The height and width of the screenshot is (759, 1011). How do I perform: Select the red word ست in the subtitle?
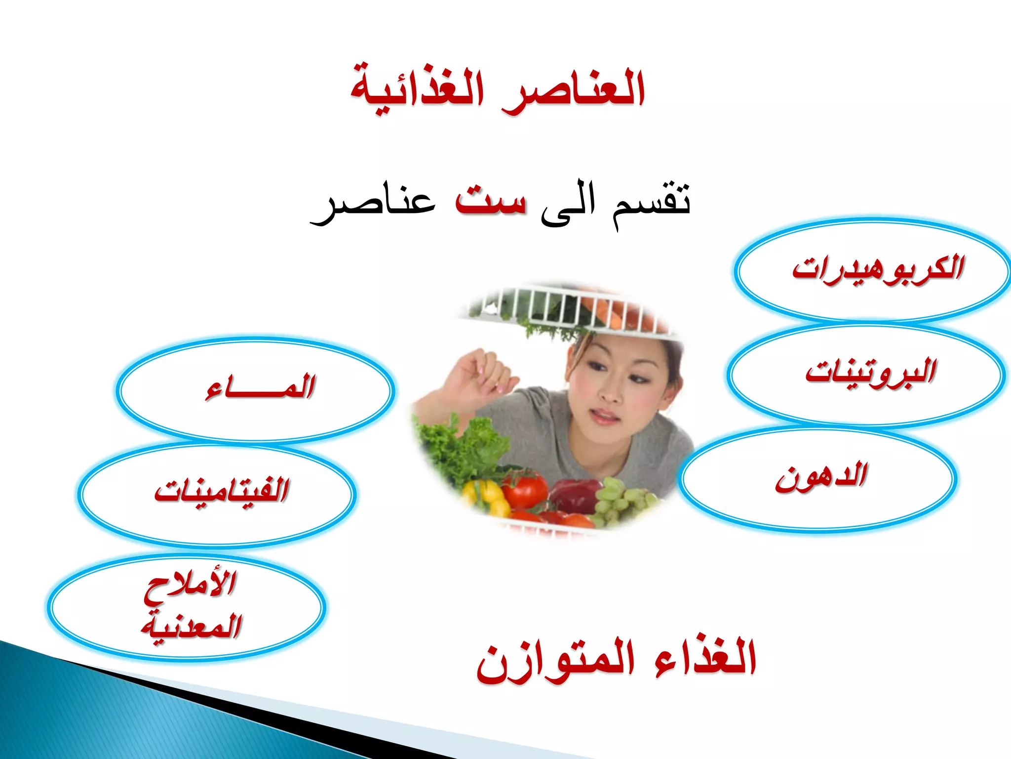click(490, 200)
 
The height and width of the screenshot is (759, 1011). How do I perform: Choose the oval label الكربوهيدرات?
click(878, 269)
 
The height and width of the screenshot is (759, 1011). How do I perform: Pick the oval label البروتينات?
click(871, 373)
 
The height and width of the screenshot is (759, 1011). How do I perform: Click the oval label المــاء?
click(260, 388)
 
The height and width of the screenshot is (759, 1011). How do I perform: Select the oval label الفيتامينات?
click(221, 492)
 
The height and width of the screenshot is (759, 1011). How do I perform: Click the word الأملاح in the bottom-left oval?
click(190, 586)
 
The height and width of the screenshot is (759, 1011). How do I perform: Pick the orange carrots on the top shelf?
click(612, 309)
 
